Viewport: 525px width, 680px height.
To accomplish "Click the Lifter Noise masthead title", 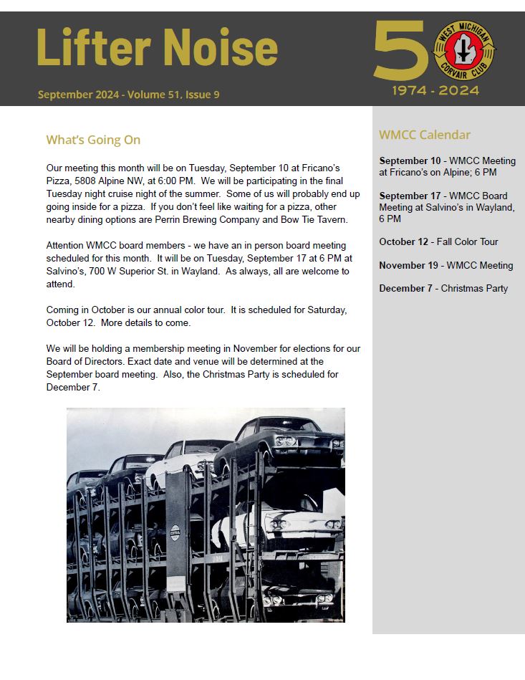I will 156,49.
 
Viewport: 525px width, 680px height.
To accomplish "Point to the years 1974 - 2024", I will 435,91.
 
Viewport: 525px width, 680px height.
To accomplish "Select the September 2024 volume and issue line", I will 129,95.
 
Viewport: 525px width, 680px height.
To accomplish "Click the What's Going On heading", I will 93,140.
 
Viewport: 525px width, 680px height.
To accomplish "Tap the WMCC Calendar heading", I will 425,135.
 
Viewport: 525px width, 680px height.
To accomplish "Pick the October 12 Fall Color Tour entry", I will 438,241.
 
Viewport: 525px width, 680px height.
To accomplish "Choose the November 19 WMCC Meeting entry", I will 445,265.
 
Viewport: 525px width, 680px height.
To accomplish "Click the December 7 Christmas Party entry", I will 443,288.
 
